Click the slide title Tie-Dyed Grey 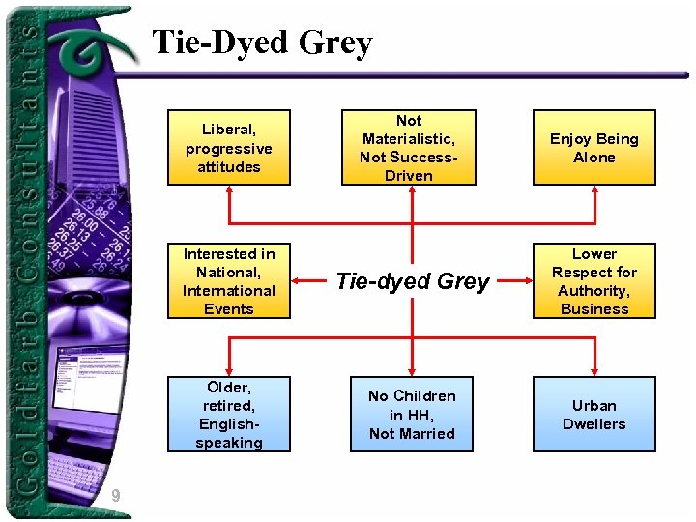pos(261,43)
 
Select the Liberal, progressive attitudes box pos(229,147)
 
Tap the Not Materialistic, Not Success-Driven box pos(409,147)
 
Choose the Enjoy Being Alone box pos(594,147)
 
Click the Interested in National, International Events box pos(229,281)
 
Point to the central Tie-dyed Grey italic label pos(413,281)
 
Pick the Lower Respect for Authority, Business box pos(594,281)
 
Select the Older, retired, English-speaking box pos(229,415)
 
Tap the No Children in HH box pos(412,415)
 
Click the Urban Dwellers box pos(594,415)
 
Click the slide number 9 pos(115,497)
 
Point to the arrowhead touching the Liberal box pos(229,190)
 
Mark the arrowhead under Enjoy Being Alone pos(594,190)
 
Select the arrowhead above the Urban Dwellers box pos(594,371)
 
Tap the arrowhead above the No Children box pos(412,371)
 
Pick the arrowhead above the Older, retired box pos(229,371)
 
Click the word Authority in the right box pos(594,291)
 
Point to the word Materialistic pos(409,139)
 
